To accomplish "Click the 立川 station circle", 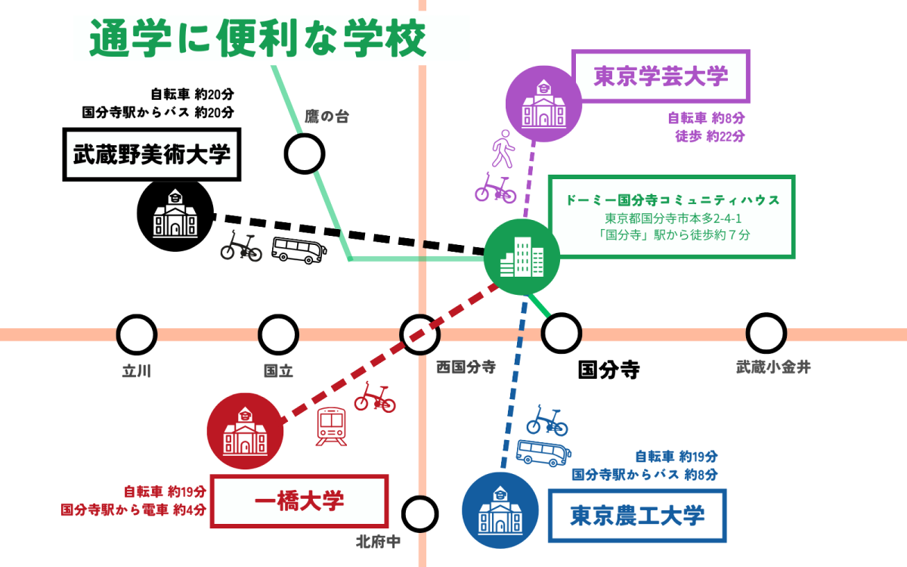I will [x=137, y=334].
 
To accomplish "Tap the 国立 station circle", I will [x=278, y=334].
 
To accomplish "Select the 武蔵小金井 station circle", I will [x=766, y=334].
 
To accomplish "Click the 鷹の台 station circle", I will [x=305, y=153].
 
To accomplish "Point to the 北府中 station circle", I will [x=421, y=514].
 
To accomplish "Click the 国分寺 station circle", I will [x=562, y=334].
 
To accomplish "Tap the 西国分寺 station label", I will [x=466, y=367].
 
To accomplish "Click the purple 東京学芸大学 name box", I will [x=661, y=76].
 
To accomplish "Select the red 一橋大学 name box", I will [x=299, y=500].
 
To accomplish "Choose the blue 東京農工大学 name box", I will [x=636, y=516].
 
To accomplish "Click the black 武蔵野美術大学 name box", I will [x=151, y=155].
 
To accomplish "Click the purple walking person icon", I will [x=503, y=148].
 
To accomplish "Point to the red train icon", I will [x=332, y=426].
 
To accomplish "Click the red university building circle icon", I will [x=245, y=432].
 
